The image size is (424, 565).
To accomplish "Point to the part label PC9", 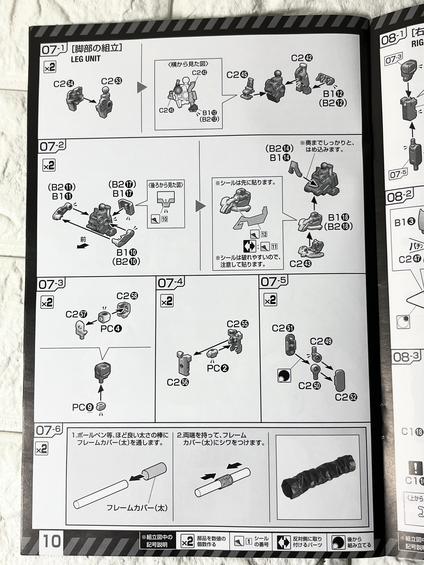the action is tap(83, 407).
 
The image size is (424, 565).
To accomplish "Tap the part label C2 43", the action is tap(300, 264).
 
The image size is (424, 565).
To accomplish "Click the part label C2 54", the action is tap(64, 84).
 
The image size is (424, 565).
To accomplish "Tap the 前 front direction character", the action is tap(83, 240).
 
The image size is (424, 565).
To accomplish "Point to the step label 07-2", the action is tap(52, 146).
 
